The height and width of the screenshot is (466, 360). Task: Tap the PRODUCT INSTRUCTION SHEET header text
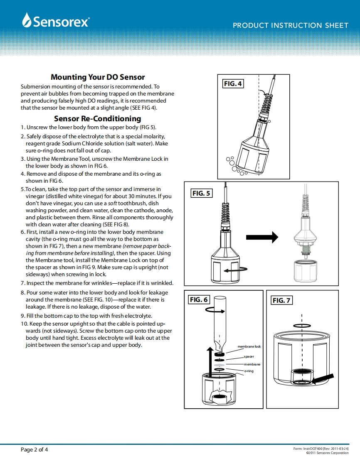(x=290, y=25)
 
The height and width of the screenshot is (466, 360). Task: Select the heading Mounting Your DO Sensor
(x=98, y=77)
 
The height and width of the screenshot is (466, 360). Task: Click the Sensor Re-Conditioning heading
(x=98, y=119)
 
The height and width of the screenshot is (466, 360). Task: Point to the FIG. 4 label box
(x=233, y=84)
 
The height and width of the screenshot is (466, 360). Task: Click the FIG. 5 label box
(x=202, y=194)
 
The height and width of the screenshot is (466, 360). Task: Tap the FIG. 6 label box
(x=199, y=299)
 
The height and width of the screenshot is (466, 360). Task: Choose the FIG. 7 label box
(x=281, y=300)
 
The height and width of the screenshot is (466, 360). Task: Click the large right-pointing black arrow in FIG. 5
(x=261, y=237)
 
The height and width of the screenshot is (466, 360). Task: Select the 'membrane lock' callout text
(x=249, y=346)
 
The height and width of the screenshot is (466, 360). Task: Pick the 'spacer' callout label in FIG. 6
(x=249, y=356)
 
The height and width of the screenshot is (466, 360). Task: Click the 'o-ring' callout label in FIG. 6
(x=249, y=370)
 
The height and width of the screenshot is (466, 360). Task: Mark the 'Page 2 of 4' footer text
(x=35, y=449)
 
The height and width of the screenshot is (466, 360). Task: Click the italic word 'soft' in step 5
(x=113, y=203)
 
